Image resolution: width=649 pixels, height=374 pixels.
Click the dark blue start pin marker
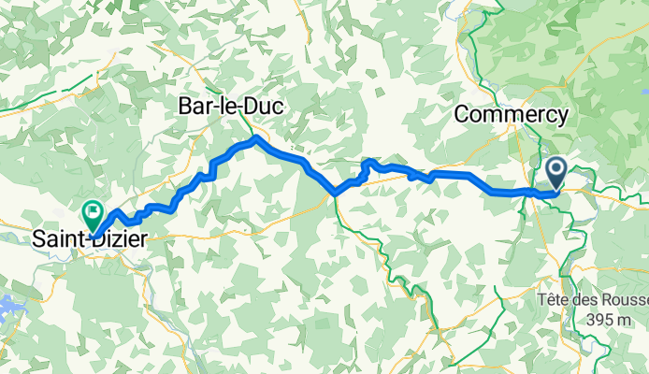point(555,172)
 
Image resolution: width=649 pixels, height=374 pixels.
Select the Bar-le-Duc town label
point(230,108)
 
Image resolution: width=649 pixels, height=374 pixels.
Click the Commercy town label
point(511,114)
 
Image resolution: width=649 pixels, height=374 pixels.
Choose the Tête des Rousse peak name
point(593,301)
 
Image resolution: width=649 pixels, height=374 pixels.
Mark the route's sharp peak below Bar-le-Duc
point(256,138)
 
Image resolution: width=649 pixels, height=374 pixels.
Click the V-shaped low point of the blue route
point(334,194)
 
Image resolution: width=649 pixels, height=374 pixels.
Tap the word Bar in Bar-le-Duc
point(195,108)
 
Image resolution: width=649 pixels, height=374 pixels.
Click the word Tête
point(553,301)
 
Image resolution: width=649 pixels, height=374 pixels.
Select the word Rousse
point(625,301)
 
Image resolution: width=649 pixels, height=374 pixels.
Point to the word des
point(585,301)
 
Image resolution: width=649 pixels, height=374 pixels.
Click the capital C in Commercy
point(461,114)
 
